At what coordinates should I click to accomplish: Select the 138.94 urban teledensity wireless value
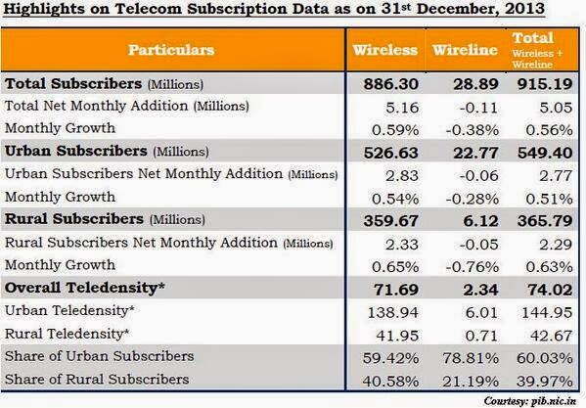click(x=396, y=310)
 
